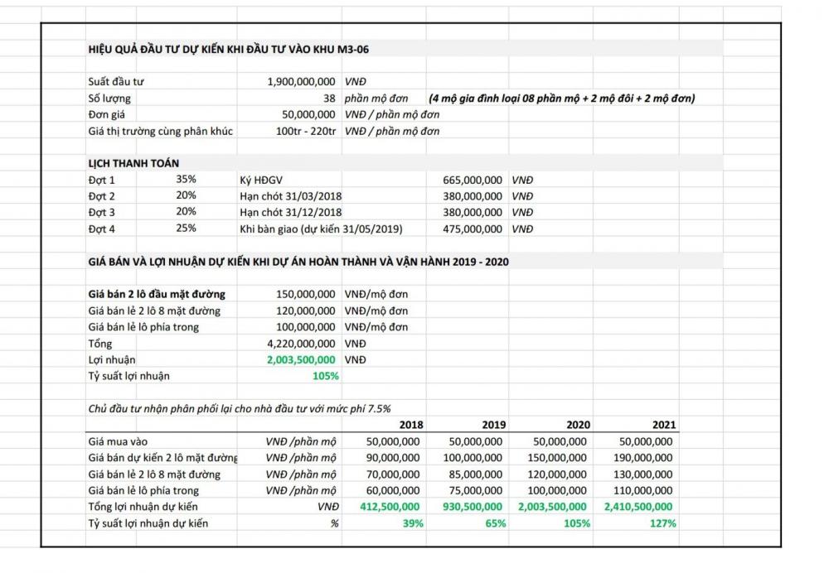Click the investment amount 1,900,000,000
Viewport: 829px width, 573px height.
pos(301,82)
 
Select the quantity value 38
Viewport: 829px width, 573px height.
pos(329,99)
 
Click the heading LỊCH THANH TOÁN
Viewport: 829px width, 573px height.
pos(133,163)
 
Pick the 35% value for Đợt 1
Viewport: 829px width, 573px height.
pos(186,179)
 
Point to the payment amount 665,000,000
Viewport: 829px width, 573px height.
pos(468,180)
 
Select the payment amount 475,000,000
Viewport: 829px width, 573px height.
pos(468,229)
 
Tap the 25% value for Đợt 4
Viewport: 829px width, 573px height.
pos(186,229)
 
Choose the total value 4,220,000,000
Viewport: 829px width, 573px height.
pos(301,343)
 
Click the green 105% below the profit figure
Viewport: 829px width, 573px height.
pos(326,376)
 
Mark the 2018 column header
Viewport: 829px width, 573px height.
pos(411,425)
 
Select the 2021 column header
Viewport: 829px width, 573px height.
pos(663,425)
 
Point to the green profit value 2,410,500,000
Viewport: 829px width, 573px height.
pos(639,507)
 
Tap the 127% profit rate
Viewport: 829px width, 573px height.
pos(663,523)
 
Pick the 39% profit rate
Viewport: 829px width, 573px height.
pos(413,523)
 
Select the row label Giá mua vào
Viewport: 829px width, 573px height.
pos(118,441)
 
